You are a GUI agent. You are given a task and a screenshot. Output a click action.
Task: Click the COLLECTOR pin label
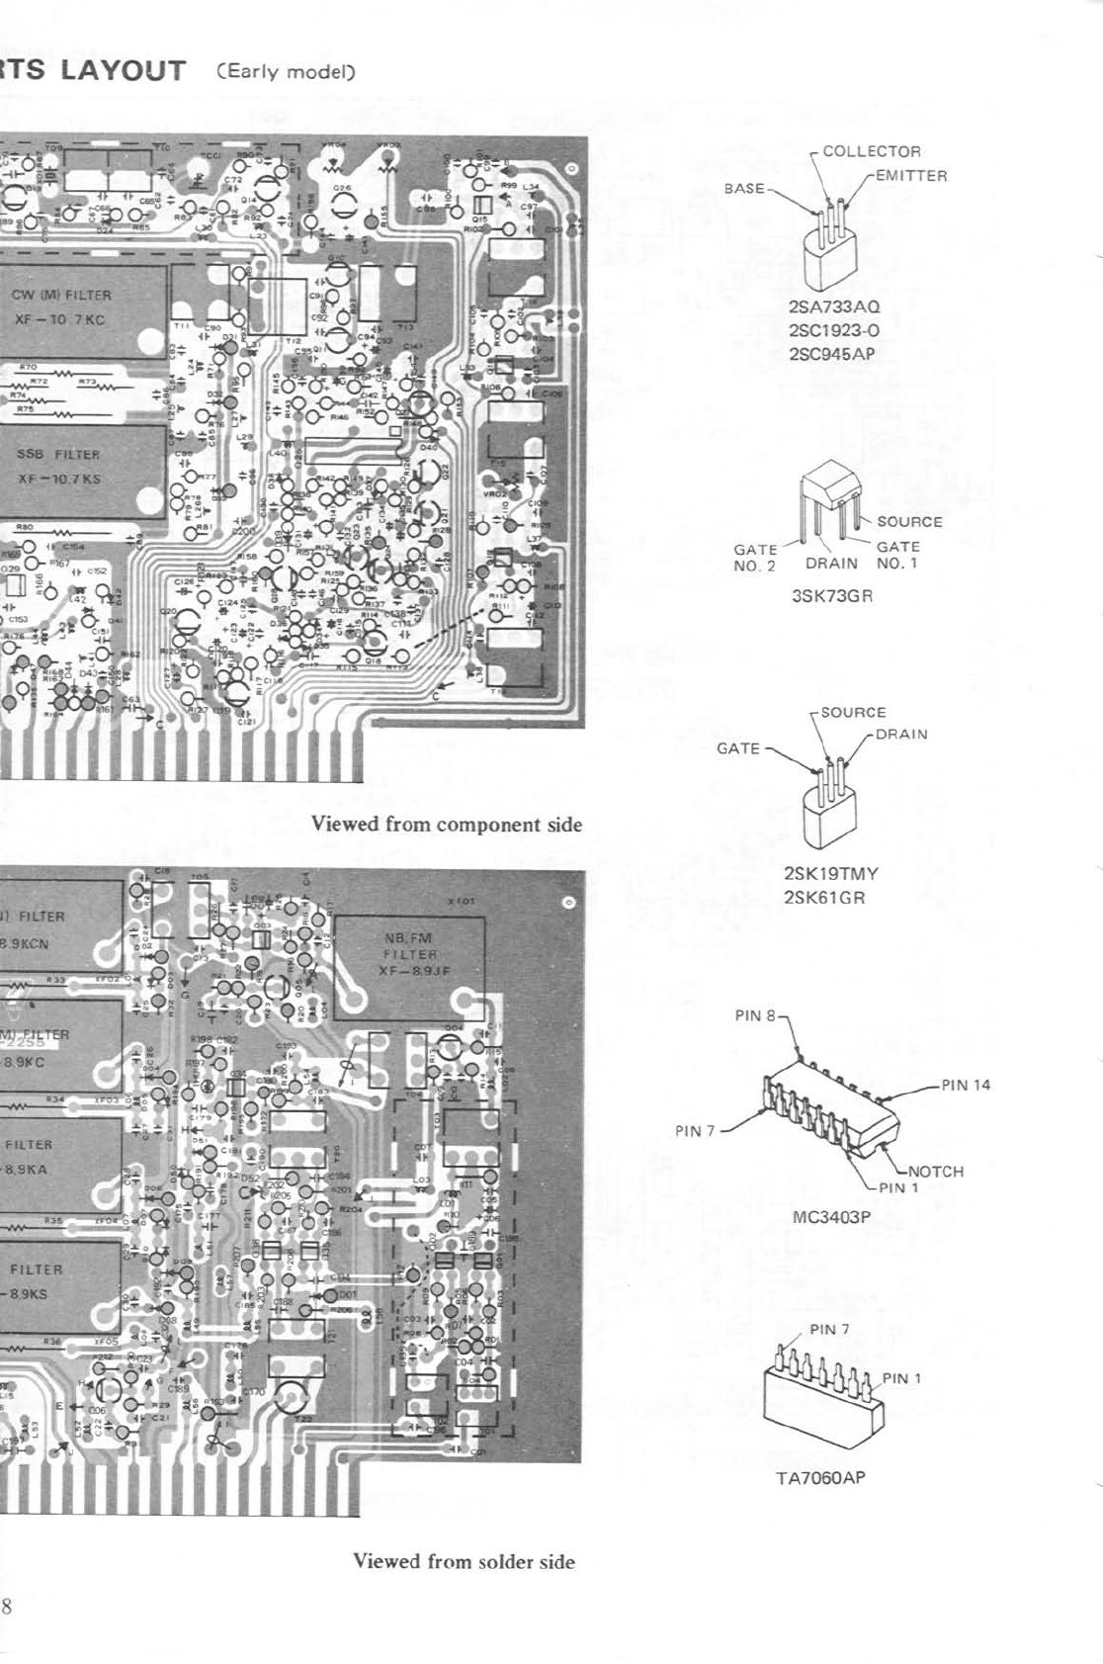point(871,151)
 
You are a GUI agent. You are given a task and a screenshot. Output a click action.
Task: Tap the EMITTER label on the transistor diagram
point(910,176)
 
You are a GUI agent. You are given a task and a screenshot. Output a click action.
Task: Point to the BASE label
point(744,188)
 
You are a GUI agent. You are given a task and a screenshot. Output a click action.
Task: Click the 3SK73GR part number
point(832,596)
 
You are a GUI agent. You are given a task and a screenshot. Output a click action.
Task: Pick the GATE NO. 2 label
point(755,558)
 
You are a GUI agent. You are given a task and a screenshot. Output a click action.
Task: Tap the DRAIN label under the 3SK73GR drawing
point(831,564)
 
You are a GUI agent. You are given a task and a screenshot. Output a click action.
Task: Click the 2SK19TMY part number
point(830,873)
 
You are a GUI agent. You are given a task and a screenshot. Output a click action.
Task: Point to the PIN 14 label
point(965,1085)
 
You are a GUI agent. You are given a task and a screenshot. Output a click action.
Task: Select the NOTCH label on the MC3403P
point(935,1172)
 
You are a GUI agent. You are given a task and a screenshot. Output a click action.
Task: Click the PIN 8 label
point(756,1015)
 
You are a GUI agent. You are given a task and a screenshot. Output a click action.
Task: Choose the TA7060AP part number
point(820,1478)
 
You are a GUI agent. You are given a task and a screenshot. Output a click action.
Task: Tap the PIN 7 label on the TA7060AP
point(828,1329)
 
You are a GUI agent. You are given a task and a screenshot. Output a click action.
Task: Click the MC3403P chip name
point(831,1217)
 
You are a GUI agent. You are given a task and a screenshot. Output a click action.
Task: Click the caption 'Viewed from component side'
point(447,825)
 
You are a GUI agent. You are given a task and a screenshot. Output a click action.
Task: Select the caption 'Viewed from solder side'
point(464,1561)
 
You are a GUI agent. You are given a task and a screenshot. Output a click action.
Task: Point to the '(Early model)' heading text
point(286,72)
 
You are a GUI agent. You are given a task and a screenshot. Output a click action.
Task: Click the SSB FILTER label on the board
point(58,455)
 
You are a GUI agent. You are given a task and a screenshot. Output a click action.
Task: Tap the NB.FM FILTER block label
point(408,946)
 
